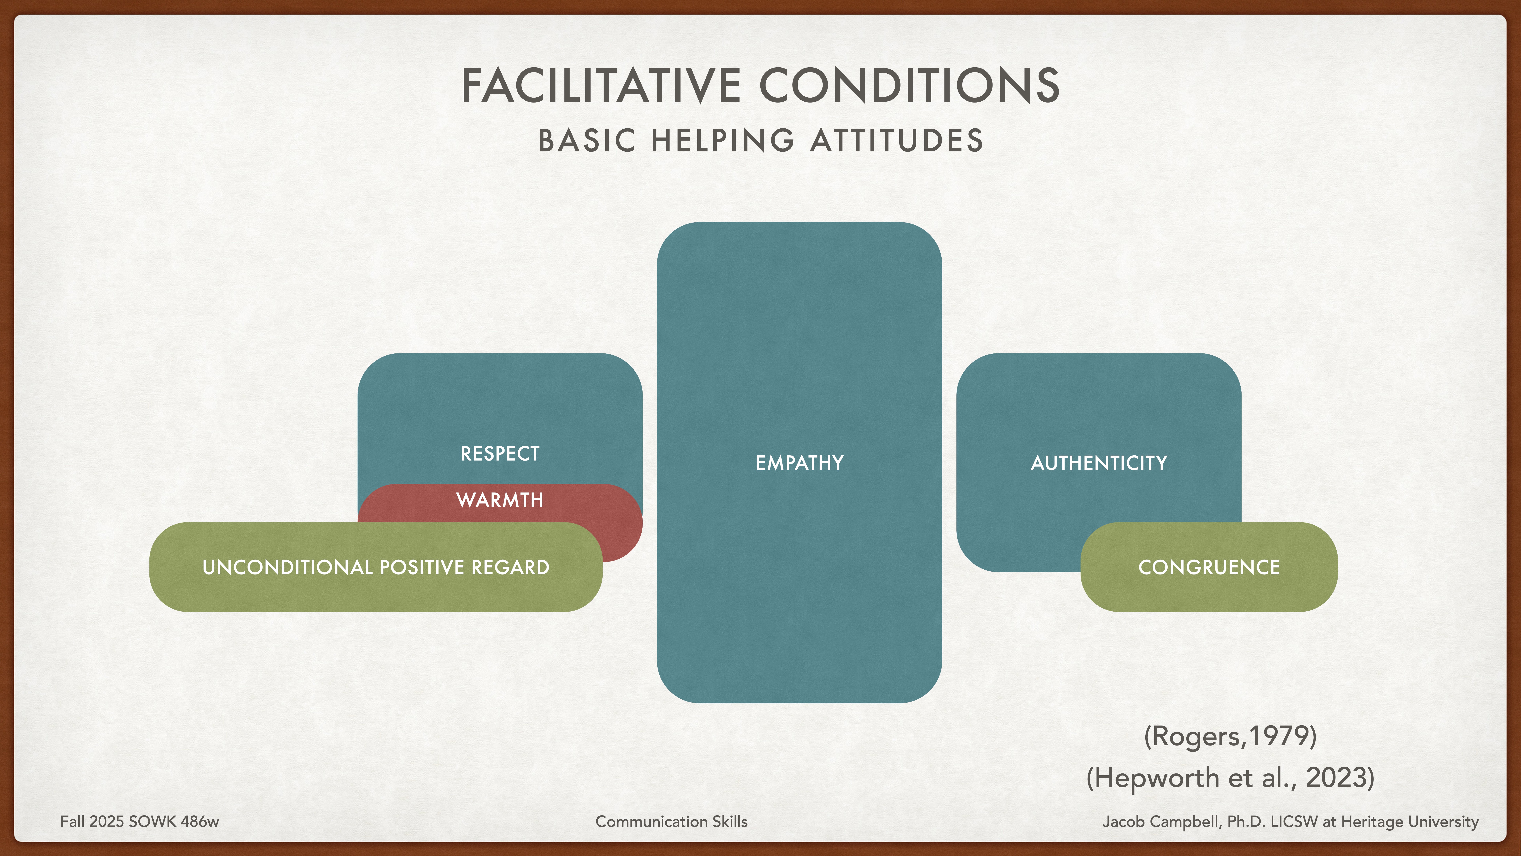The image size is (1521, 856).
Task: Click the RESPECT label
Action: click(500, 454)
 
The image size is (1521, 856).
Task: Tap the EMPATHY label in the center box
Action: click(799, 463)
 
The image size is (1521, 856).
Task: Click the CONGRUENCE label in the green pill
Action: click(1209, 567)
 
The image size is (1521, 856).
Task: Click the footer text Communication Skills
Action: click(671, 822)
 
